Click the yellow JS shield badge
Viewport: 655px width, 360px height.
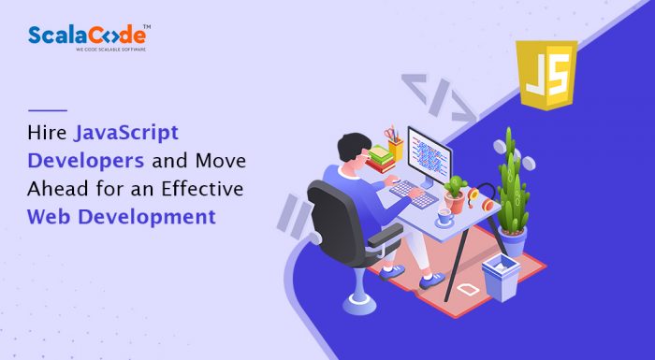coord(546,75)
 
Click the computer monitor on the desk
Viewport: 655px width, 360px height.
coord(429,154)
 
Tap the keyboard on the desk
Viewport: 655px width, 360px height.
coord(411,191)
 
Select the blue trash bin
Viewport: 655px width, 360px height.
coord(502,275)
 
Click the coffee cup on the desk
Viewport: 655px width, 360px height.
coord(444,218)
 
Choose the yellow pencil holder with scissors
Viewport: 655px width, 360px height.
coord(395,145)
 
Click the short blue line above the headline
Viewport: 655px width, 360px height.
coord(48,110)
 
